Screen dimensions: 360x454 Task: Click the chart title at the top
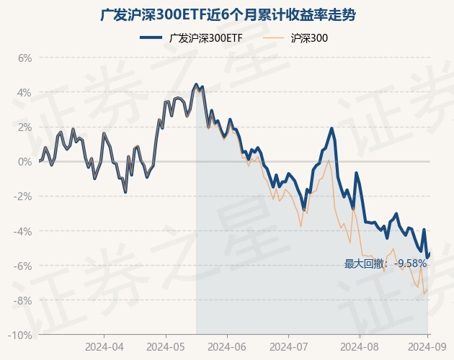point(227,15)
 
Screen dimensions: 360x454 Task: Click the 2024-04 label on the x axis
point(104,347)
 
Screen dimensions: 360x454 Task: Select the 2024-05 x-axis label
point(166,347)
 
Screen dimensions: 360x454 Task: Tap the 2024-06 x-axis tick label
point(227,347)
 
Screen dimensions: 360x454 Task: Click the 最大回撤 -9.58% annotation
point(386,264)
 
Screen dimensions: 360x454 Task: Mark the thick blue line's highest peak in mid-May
point(196,84)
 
